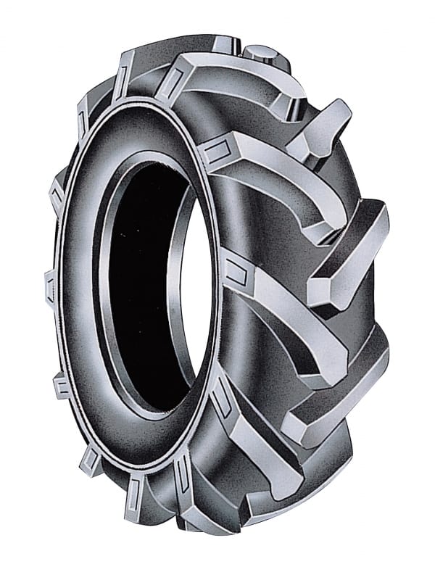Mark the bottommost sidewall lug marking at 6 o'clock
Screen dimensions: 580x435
138,507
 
